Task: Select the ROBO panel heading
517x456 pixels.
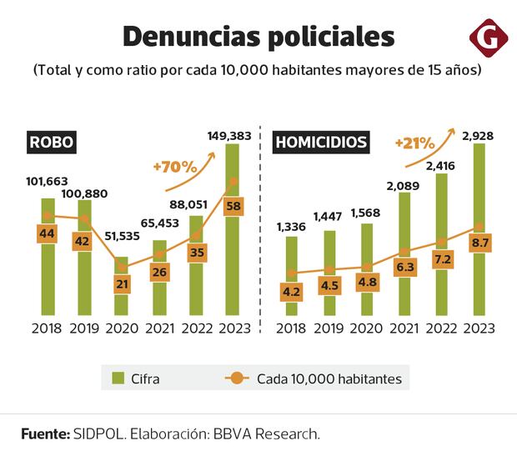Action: [52, 142]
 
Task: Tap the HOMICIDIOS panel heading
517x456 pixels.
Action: [321, 142]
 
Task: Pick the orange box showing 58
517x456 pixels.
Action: [233, 204]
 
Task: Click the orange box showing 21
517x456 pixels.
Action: [123, 285]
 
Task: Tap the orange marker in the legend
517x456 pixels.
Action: [238, 379]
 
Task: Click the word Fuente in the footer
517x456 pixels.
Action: [44, 433]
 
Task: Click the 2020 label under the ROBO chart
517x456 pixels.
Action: [123, 329]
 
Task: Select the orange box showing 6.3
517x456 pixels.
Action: [404, 267]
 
